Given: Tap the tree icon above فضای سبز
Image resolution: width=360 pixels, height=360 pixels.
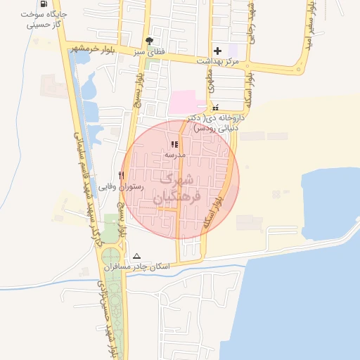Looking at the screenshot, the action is click(148, 41).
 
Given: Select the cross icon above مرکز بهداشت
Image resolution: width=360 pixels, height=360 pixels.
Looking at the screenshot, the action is click(217, 51).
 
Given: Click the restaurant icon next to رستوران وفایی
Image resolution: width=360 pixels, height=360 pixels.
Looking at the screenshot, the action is click(122, 175).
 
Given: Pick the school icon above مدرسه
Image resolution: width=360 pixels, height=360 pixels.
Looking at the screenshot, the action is click(174, 144).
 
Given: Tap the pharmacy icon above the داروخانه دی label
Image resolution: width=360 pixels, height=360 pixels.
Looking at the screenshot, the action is click(215, 107).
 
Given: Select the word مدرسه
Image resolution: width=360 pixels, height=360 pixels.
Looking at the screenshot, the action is click(174, 154).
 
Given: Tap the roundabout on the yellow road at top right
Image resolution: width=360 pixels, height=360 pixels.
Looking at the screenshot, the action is click(302, 69).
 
